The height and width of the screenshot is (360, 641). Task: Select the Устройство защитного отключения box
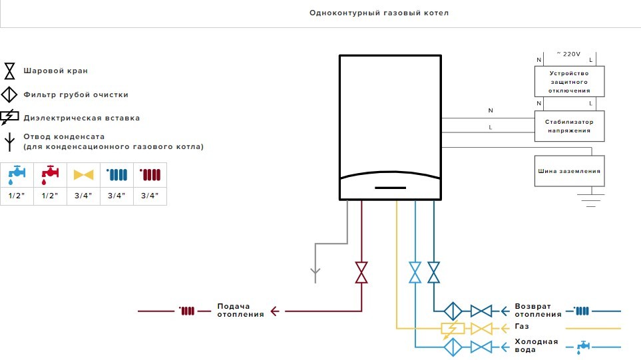coord(570,81)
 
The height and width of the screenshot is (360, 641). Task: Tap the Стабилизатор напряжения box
coord(570,126)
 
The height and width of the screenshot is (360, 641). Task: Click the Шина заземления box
coord(570,171)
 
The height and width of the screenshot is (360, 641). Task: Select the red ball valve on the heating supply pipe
coord(361,272)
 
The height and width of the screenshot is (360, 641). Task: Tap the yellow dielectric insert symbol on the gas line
coord(453,328)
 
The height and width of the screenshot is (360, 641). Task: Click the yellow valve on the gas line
coord(481,328)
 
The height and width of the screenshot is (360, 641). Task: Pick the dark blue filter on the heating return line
coord(453,311)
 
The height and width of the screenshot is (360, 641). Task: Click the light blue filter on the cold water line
coord(453,346)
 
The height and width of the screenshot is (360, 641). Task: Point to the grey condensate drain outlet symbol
coord(316,273)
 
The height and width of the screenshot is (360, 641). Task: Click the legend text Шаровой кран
coord(55,71)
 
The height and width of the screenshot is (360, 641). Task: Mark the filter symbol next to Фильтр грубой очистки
coord(9,94)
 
